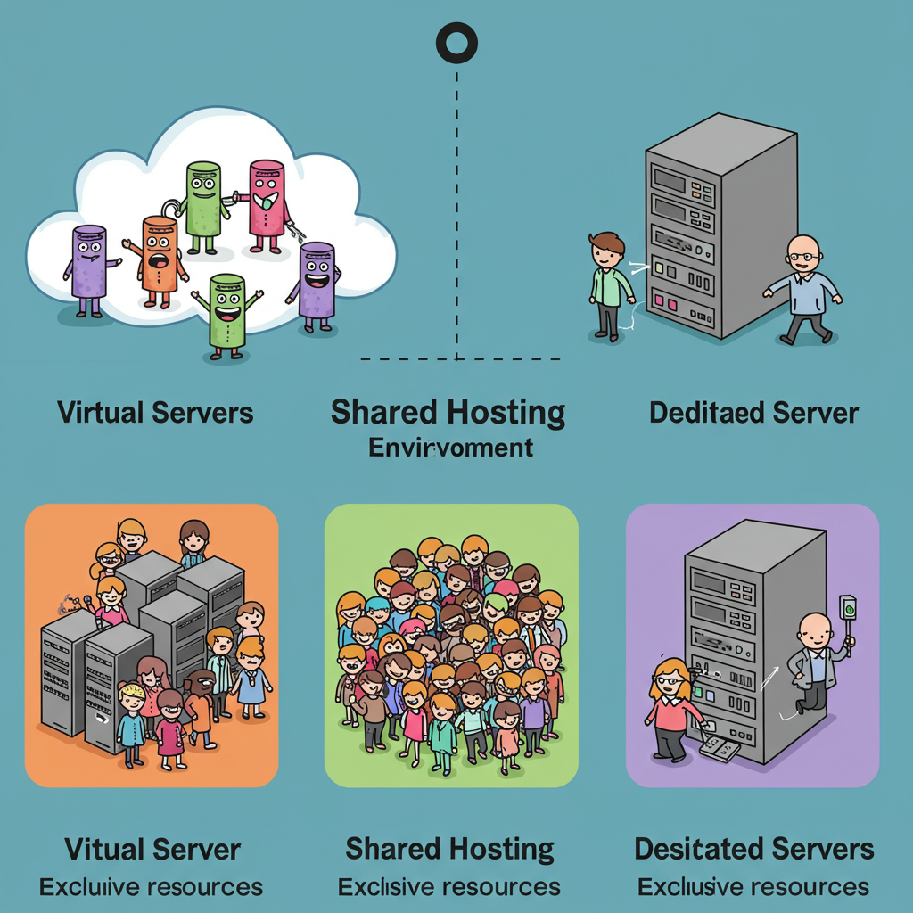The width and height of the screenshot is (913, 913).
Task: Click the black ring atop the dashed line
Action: click(x=456, y=42)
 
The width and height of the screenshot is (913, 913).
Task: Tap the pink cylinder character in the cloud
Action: click(x=266, y=199)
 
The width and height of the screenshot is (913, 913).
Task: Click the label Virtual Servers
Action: click(x=155, y=413)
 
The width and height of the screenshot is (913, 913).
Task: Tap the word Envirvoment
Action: click(x=451, y=447)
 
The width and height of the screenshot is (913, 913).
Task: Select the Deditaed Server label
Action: click(x=753, y=413)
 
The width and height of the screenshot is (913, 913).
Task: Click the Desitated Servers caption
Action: click(x=753, y=848)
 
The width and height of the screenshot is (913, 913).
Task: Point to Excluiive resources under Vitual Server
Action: click(x=151, y=887)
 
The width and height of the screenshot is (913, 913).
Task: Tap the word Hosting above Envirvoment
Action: click(x=506, y=413)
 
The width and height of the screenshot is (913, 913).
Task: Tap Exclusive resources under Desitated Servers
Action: click(x=753, y=887)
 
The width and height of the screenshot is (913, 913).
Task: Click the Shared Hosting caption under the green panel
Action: click(x=449, y=848)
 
